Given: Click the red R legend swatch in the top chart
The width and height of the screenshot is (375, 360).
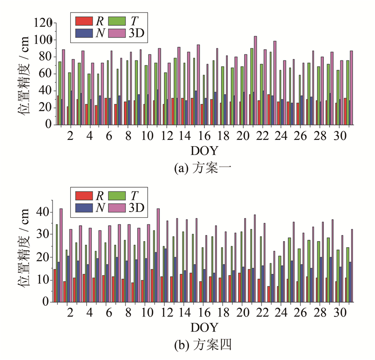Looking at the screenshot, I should (83, 21).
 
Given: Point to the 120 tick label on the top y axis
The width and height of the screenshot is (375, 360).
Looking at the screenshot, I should (43, 22).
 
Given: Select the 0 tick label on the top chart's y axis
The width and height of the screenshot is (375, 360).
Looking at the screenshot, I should (48, 125).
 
